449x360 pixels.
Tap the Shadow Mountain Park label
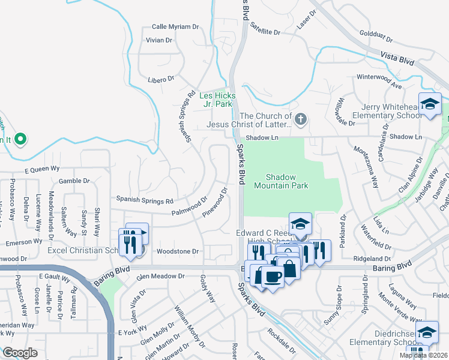[x=288, y=181]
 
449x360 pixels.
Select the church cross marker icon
[x=301, y=120]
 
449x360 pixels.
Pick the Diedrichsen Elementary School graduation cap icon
[x=426, y=332]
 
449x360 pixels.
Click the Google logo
[x=20, y=353]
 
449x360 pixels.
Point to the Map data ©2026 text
[x=423, y=355]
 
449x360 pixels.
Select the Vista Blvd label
[x=398, y=58]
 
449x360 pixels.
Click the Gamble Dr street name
[x=74, y=181]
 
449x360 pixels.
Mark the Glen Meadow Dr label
[x=161, y=276]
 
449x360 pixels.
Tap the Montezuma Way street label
[x=366, y=167]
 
